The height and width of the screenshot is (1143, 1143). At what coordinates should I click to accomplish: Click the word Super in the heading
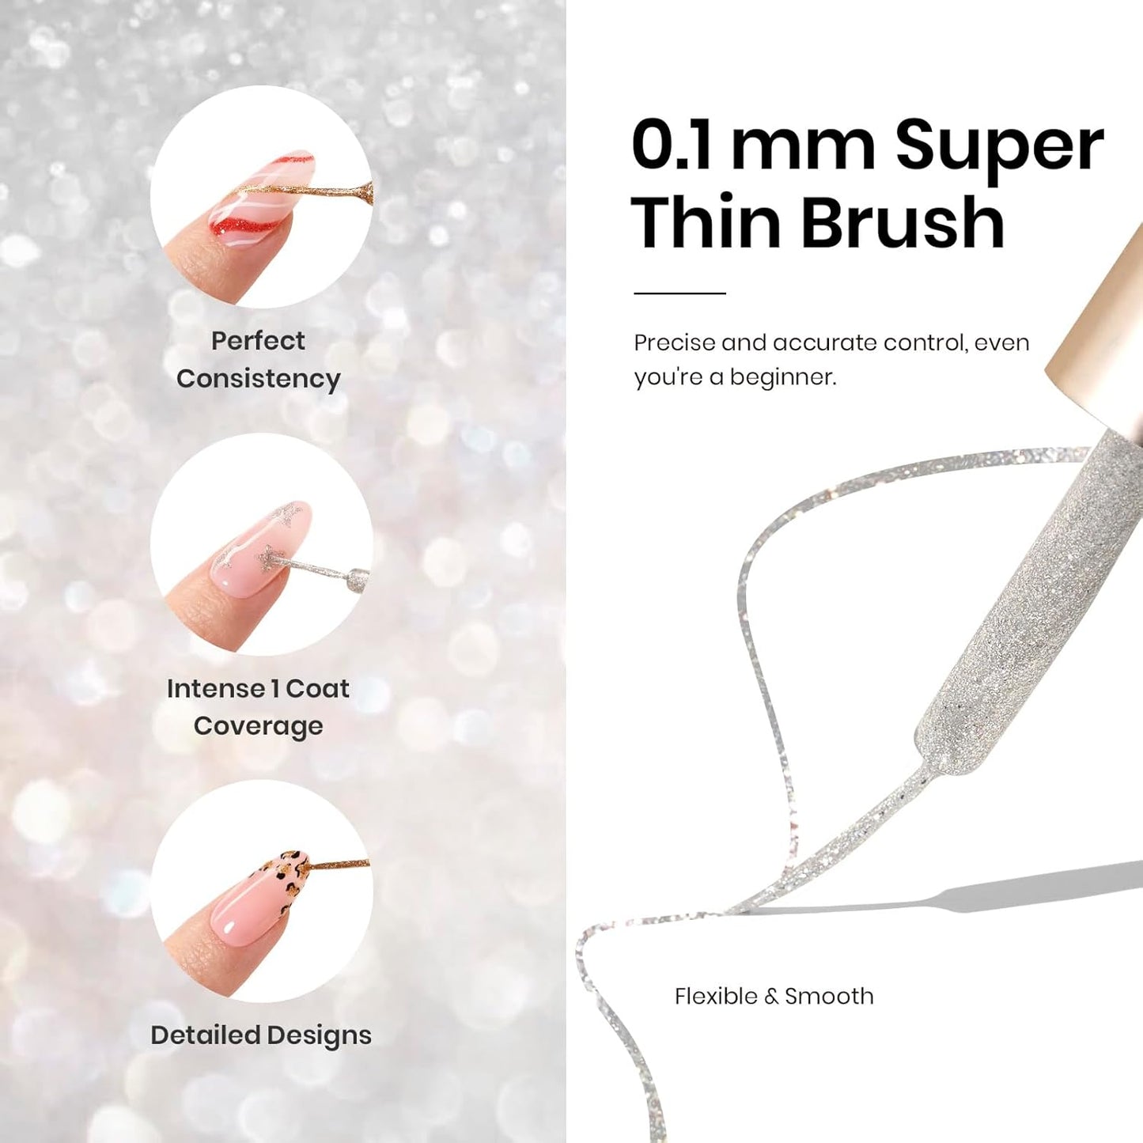(1000, 147)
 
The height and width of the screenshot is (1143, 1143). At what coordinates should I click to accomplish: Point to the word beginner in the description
(783, 377)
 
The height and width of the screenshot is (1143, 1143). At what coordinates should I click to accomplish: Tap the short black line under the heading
(679, 293)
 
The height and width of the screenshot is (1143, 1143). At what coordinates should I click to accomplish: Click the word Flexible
(717, 996)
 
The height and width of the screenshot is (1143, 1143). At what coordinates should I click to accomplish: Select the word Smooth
(829, 996)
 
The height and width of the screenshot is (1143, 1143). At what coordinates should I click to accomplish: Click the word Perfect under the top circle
(258, 341)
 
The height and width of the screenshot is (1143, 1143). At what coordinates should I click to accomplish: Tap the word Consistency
(259, 379)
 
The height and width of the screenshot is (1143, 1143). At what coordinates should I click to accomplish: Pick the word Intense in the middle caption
(216, 689)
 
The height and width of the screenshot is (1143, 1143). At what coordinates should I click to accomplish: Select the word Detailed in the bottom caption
(205, 1035)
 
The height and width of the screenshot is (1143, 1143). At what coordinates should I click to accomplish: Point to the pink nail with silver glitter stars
(261, 549)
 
